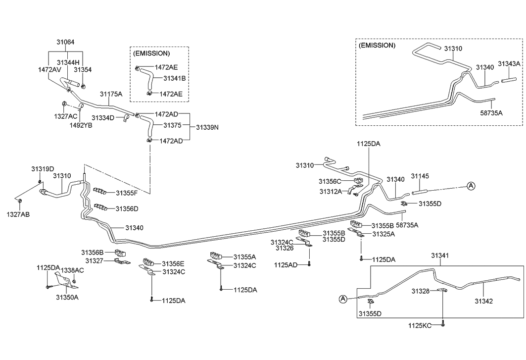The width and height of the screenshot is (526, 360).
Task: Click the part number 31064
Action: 65,43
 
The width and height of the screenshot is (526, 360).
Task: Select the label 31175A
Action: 111,94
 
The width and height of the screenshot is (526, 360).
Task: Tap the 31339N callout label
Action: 207,127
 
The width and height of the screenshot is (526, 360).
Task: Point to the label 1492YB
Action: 81,125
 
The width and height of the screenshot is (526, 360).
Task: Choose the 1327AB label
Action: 18,214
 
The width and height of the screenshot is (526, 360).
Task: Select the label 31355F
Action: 127,193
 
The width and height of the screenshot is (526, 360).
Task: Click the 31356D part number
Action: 127,208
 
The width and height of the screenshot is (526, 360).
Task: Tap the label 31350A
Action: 67,298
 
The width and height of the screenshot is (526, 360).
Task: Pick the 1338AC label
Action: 72,270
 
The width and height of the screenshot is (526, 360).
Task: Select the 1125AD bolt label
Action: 286,265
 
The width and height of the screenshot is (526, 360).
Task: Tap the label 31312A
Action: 330,191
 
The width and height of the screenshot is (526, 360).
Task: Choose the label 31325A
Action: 383,234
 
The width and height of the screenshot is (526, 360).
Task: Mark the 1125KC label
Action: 420,325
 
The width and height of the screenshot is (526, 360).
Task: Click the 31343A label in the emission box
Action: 509,64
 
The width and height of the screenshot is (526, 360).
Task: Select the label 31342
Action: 483,301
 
